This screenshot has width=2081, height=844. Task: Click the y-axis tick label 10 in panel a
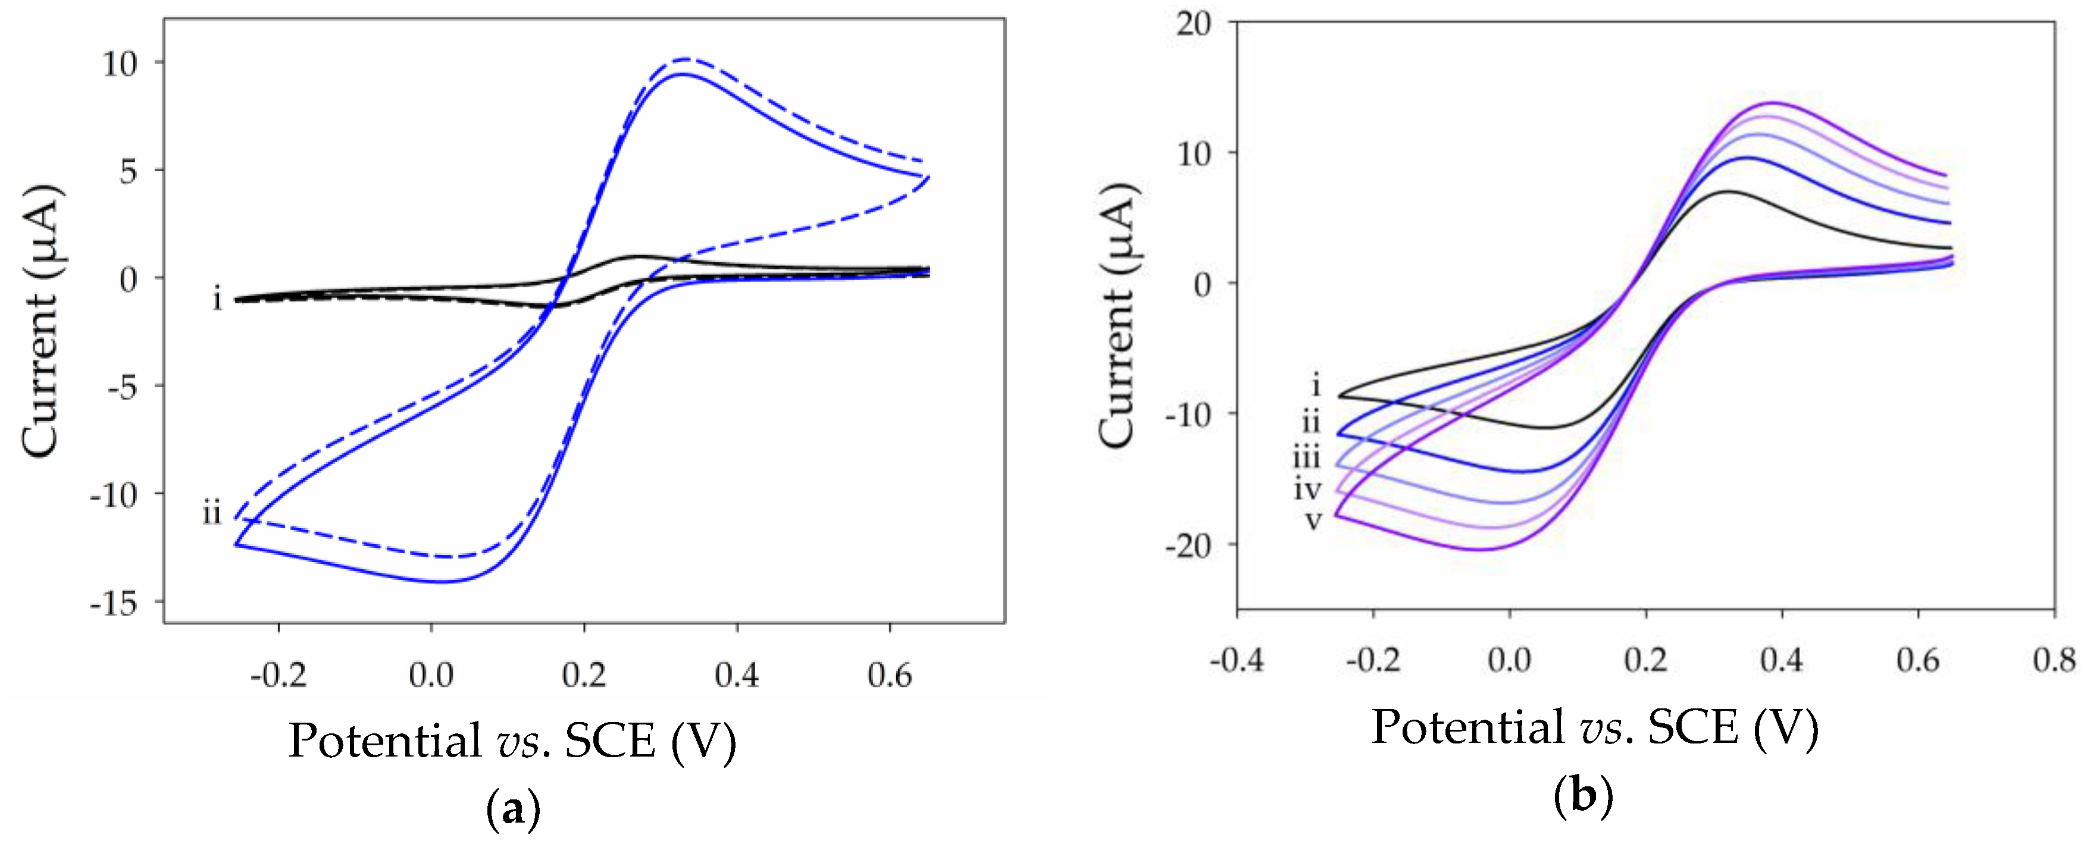pyautogui.click(x=120, y=63)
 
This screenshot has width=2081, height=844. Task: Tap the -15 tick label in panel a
pyautogui.click(x=113, y=603)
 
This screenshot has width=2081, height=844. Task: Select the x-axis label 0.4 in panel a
pyautogui.click(x=737, y=674)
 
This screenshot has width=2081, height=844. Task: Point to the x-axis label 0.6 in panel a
pyautogui.click(x=890, y=674)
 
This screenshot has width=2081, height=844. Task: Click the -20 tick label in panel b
pyautogui.click(x=1188, y=546)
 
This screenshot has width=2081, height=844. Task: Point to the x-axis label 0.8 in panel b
pyautogui.click(x=2052, y=661)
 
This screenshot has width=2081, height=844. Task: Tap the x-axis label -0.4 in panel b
pyautogui.click(x=1236, y=661)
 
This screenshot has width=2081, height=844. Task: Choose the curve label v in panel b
pyautogui.click(x=1313, y=521)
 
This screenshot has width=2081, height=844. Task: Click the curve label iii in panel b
pyautogui.click(x=1306, y=458)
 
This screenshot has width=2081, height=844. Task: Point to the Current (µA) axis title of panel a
pyautogui.click(x=40, y=321)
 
